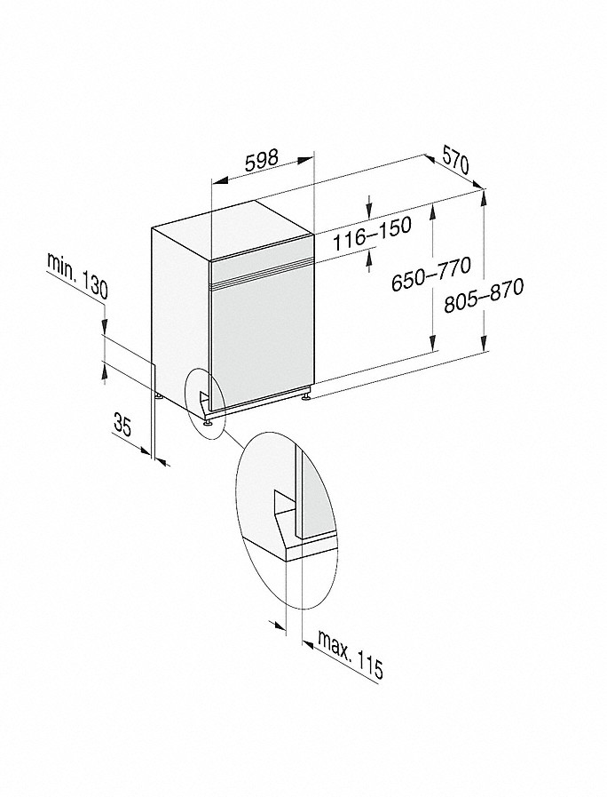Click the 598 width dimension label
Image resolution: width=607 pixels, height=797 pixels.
tap(262, 160)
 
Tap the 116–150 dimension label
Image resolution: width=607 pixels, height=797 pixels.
tap(372, 235)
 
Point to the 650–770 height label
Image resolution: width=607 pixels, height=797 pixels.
tap(431, 275)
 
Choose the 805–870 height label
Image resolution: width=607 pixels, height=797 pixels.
tap(483, 296)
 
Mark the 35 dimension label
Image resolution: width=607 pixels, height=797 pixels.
tap(122, 425)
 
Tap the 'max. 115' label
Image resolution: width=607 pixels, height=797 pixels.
tap(349, 654)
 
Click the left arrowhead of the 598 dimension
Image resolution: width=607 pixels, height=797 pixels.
tap(218, 181)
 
